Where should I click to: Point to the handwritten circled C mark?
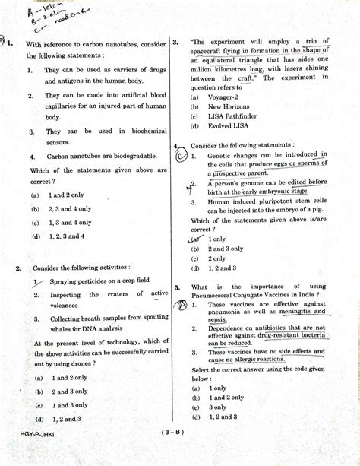click(x=180, y=157)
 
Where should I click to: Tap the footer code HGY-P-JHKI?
click(x=33, y=453)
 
